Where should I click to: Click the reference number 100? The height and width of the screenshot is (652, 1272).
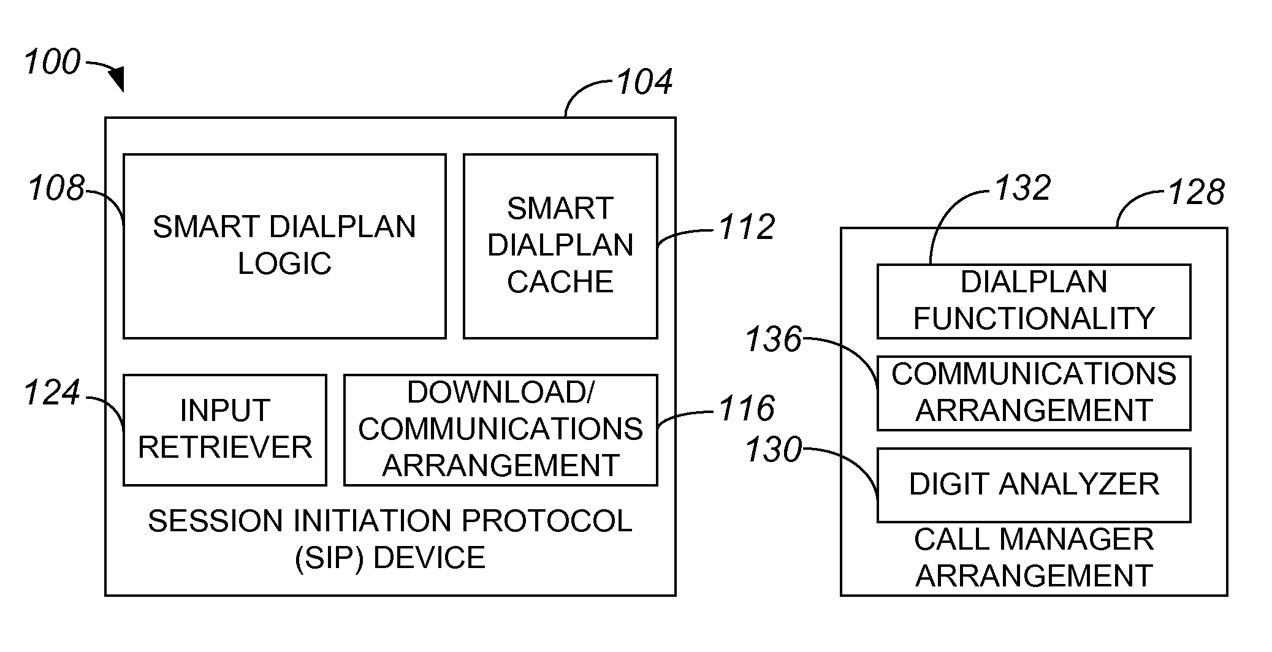(x=53, y=62)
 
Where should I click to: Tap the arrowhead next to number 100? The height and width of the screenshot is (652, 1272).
(x=116, y=80)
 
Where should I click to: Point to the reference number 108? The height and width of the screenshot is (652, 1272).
(x=56, y=188)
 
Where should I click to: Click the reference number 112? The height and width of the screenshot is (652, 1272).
(x=747, y=227)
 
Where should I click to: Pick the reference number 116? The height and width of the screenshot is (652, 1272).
(x=747, y=409)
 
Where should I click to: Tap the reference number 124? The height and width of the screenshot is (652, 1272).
(x=53, y=393)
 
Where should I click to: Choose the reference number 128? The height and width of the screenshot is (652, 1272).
(x=1196, y=192)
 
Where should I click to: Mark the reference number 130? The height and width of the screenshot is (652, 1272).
(x=774, y=450)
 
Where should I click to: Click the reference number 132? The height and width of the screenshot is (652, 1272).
(x=1023, y=188)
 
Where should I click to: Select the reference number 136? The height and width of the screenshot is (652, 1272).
(x=774, y=339)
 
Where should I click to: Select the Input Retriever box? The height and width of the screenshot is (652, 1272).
(x=225, y=430)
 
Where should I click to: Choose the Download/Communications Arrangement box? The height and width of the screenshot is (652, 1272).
(x=500, y=430)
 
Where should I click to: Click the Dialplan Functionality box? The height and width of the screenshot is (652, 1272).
(x=1034, y=301)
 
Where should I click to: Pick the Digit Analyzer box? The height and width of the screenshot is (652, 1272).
(x=1034, y=485)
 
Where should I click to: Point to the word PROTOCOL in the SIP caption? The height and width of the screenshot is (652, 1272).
(x=546, y=521)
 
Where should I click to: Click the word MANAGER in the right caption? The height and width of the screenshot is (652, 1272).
(x=1078, y=540)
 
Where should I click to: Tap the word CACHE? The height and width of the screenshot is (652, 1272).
(x=560, y=282)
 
